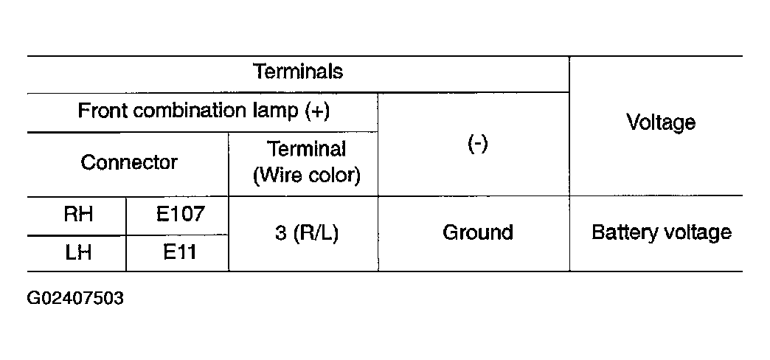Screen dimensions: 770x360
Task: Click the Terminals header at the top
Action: [x=297, y=72]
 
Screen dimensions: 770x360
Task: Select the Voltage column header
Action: [x=661, y=122]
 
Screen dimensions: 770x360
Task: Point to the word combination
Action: [x=189, y=111]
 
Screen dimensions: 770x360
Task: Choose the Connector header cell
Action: [x=128, y=162]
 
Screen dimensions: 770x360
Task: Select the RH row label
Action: [x=78, y=215]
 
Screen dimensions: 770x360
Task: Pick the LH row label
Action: [x=78, y=253]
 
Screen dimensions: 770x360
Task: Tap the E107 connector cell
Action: [x=180, y=215]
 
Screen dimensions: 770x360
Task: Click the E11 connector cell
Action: [x=180, y=253]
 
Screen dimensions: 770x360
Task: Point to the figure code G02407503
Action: [x=75, y=298]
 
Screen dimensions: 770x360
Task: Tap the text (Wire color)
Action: [x=306, y=176]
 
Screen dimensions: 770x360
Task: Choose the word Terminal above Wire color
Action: [x=306, y=149]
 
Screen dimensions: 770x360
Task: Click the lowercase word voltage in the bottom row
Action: [x=693, y=233]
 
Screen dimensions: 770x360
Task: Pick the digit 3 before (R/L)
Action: [x=280, y=233]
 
